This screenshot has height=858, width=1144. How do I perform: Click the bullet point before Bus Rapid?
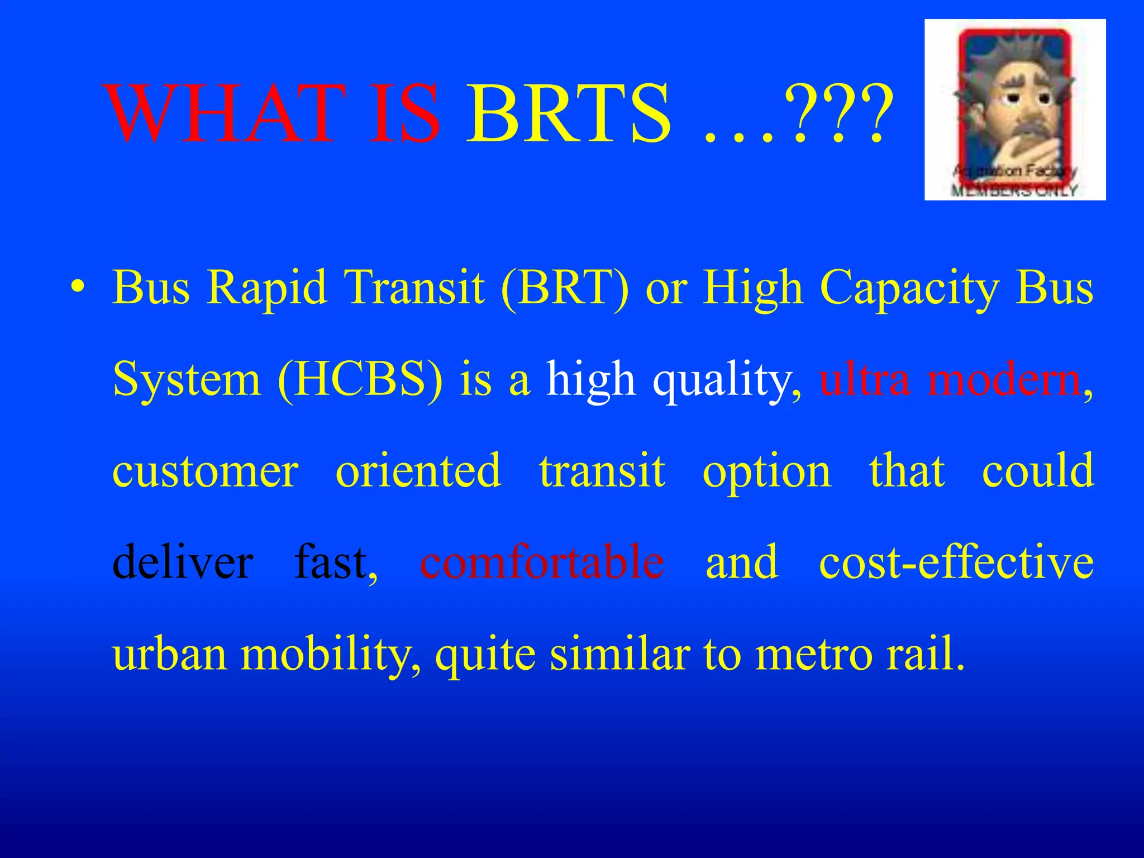coord(79,289)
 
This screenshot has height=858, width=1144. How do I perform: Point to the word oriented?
coord(418,471)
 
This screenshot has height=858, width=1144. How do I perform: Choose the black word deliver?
coord(183,562)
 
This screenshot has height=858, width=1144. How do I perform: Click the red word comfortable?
coord(542,562)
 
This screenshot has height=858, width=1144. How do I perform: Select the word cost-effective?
coord(956,562)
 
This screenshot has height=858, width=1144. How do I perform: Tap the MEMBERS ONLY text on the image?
coord(1014,190)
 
